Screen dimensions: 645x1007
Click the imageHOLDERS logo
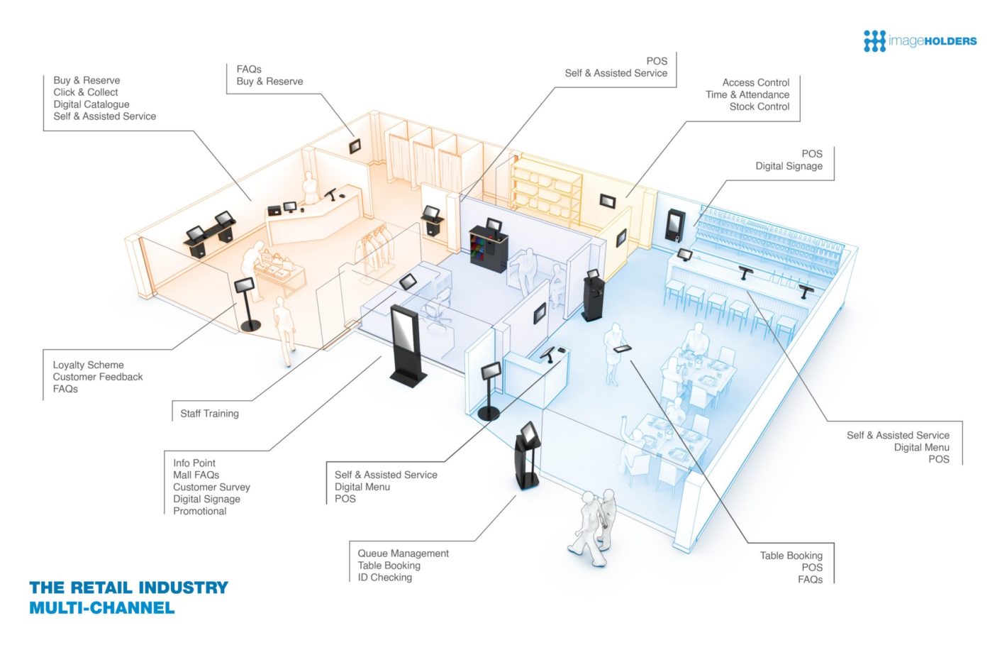tap(920, 41)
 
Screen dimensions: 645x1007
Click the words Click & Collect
tap(86, 92)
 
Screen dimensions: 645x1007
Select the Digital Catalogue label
tap(91, 104)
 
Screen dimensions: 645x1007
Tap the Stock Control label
tap(760, 106)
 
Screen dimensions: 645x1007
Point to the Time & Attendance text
tap(747, 94)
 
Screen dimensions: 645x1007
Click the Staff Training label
tap(209, 414)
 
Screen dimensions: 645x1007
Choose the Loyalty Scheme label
tap(88, 365)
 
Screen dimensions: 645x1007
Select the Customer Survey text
tap(211, 487)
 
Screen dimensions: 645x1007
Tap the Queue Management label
tap(403, 553)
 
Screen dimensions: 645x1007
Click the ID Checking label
tap(384, 578)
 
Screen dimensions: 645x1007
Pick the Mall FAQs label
tap(196, 475)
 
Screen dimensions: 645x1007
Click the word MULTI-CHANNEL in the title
tap(101, 608)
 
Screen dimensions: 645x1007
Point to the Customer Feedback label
tap(98, 377)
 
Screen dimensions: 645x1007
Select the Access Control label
tap(755, 82)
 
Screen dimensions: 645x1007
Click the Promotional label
tap(199, 511)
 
